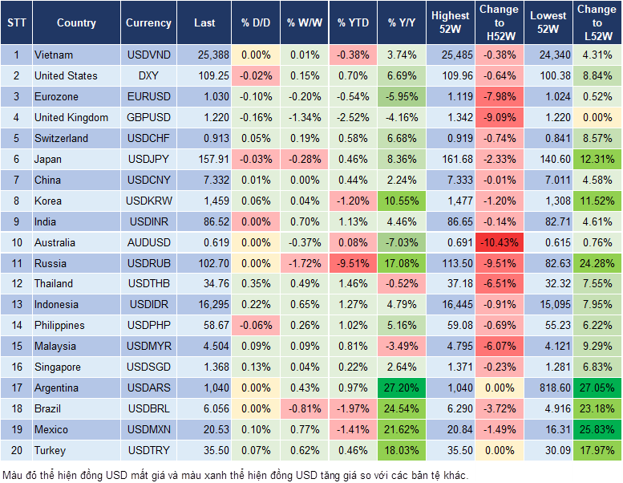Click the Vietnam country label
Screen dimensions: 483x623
54,55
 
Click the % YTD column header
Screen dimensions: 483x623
353,22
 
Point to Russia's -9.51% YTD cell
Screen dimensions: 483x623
354,263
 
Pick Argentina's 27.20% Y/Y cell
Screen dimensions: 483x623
402,388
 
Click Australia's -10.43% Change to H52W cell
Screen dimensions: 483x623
499,242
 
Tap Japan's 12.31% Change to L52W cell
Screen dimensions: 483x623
597,159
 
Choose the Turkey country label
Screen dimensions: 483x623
50,450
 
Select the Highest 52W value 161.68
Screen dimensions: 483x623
450,159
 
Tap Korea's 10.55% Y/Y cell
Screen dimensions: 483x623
402,201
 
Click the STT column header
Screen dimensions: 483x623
16,22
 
